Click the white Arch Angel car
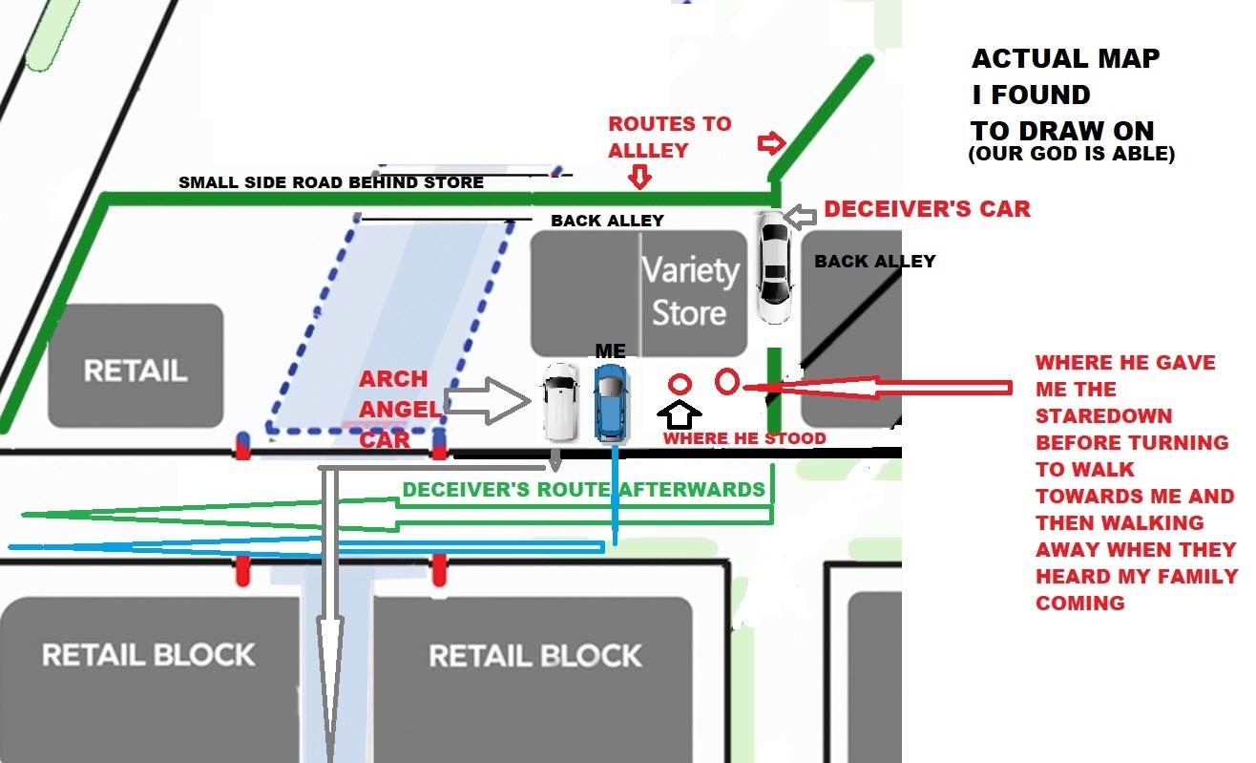[559, 402]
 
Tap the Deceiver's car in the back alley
[774, 269]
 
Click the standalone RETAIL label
[136, 370]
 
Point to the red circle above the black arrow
[680, 384]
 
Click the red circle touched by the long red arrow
[726, 382]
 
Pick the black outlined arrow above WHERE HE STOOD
[680, 413]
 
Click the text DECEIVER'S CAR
[927, 209]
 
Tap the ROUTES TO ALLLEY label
[669, 137]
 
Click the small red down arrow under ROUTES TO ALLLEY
[639, 177]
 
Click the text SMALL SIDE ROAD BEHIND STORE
[331, 182]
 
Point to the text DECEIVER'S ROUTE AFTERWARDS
[583, 489]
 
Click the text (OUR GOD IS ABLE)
[1071, 154]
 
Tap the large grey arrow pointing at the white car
[487, 400]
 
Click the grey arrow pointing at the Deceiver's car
[799, 217]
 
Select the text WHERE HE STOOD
[744, 438]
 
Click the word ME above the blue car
[610, 351]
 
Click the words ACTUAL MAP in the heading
[1065, 59]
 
